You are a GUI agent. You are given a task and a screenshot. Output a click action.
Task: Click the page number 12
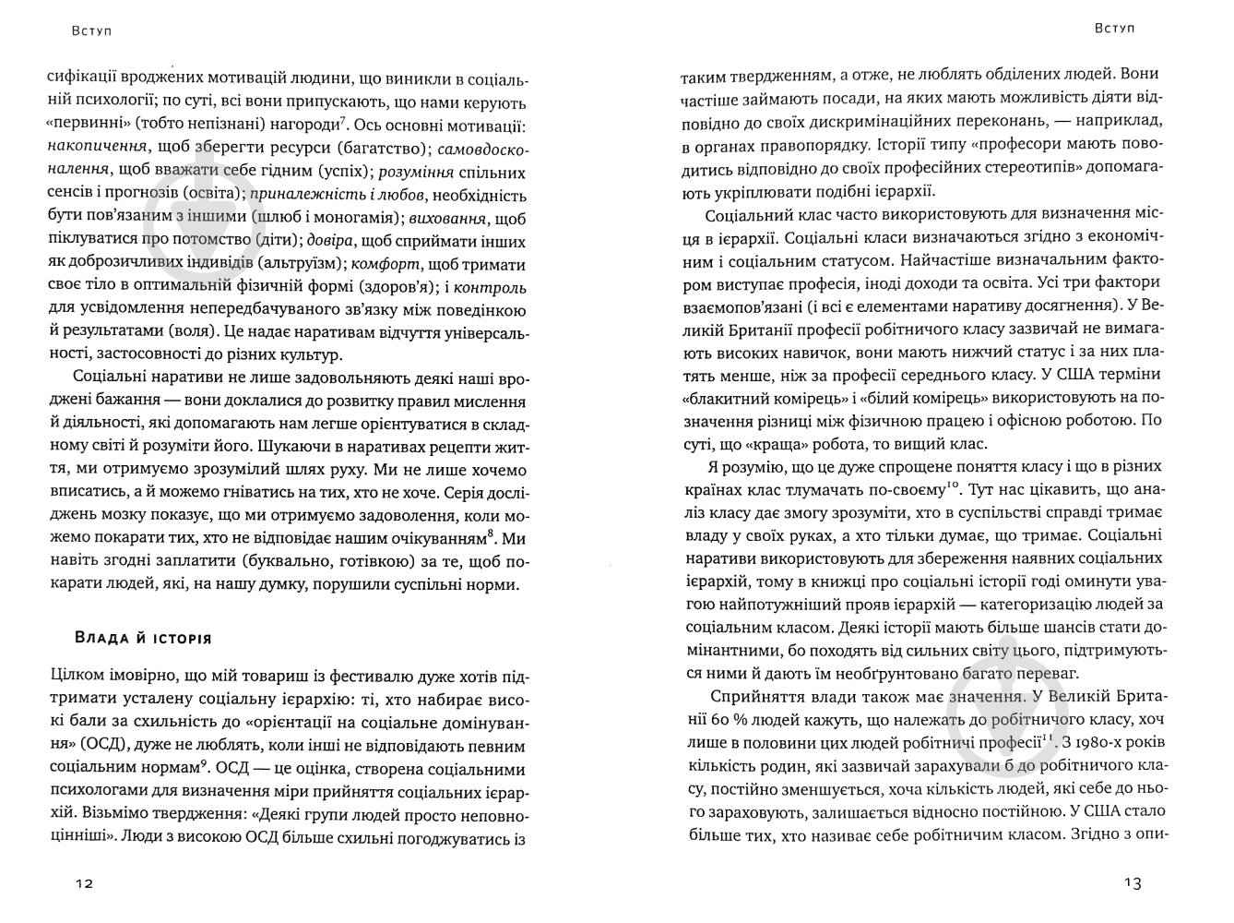click(x=84, y=883)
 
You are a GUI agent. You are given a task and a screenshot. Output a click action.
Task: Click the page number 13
click(x=1133, y=883)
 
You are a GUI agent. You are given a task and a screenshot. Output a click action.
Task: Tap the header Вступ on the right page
click(x=1114, y=28)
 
